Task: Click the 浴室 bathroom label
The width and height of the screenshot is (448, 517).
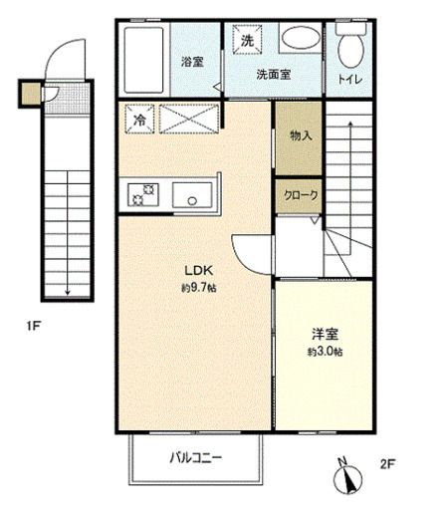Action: (x=191, y=62)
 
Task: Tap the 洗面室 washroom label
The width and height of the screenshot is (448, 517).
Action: (x=273, y=74)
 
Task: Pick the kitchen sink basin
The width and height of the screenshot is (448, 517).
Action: (x=192, y=196)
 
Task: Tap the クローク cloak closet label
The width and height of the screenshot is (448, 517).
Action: (x=299, y=196)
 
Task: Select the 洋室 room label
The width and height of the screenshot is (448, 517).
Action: (x=324, y=336)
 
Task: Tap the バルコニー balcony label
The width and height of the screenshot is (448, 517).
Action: (x=195, y=459)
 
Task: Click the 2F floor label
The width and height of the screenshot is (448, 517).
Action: (x=387, y=463)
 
